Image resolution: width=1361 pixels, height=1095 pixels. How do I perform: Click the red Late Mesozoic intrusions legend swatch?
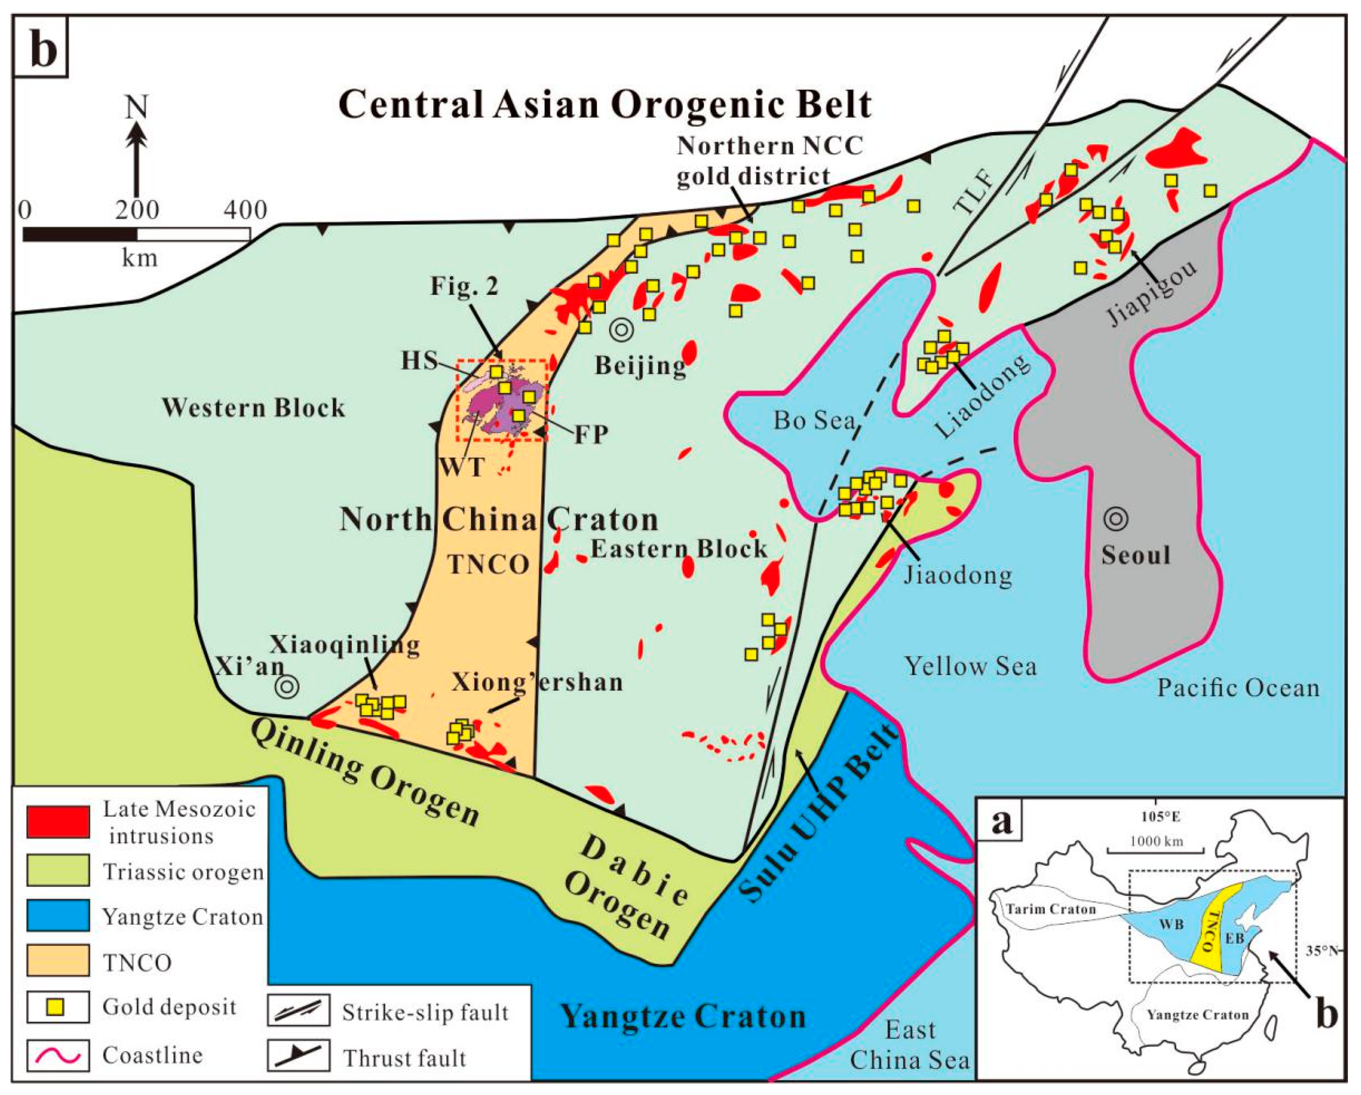point(58,822)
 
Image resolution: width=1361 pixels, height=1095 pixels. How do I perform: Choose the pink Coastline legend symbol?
point(58,1055)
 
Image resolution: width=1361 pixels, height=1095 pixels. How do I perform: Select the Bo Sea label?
point(814,420)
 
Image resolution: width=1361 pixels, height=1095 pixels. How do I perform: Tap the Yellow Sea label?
point(970,666)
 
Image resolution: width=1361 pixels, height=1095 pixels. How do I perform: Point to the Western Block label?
point(254,408)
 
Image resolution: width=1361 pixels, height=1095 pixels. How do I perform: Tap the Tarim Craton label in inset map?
point(1050,910)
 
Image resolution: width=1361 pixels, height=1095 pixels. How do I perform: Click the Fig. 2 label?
point(464,286)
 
